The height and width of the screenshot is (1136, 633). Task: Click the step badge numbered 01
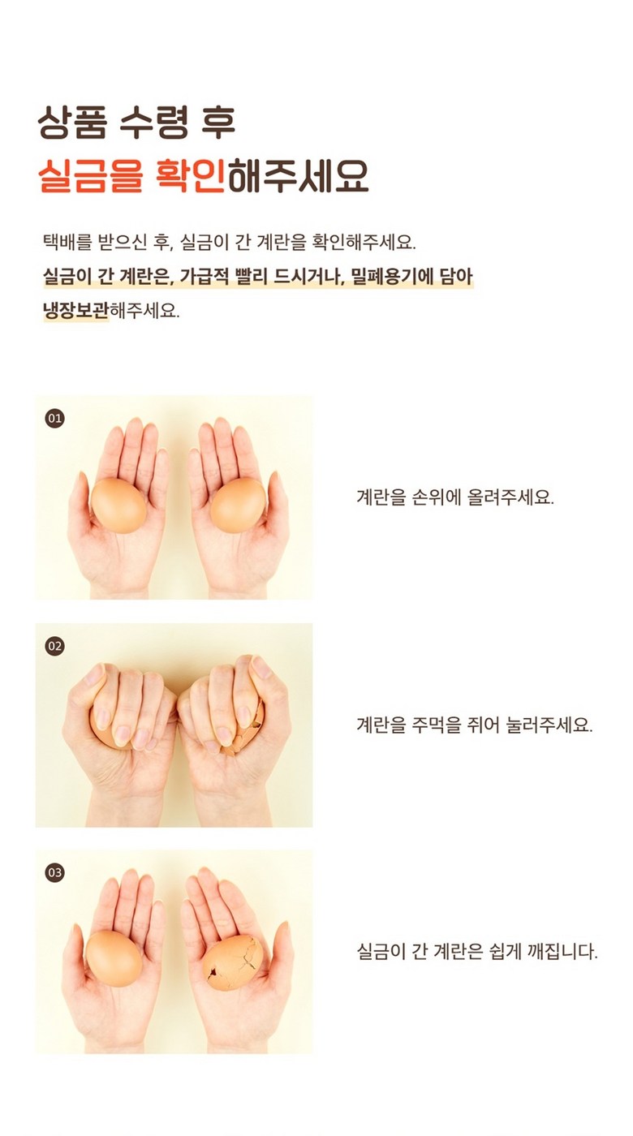pos(55,419)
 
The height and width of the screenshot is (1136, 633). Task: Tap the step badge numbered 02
pos(55,646)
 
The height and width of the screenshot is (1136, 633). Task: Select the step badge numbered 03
pos(55,873)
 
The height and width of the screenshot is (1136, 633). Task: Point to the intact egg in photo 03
pos(114,958)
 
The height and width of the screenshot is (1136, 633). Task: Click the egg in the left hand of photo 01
pos(118,505)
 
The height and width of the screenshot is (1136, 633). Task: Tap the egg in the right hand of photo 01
pos(238,505)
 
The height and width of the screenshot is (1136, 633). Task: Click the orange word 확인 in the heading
pos(190,175)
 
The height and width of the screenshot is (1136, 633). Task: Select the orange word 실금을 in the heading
pos(91,175)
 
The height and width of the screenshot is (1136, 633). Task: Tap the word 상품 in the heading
pos(73,123)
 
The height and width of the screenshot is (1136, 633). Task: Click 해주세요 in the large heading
pos(298,175)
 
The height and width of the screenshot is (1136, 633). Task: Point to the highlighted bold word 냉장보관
pos(76,310)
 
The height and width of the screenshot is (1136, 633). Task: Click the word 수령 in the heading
pos(154,123)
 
